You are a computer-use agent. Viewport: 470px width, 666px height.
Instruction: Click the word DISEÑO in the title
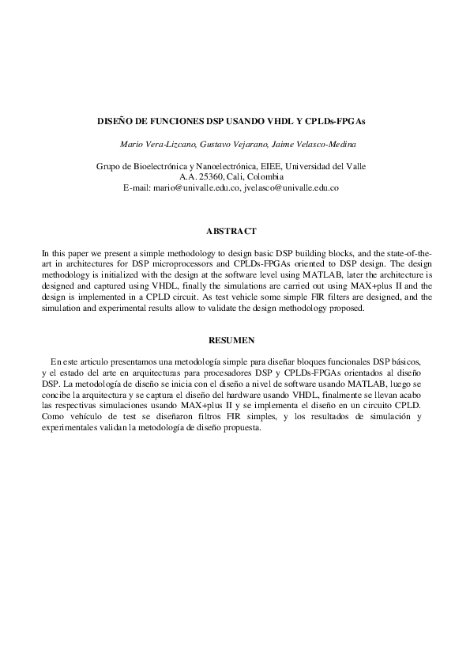(113, 123)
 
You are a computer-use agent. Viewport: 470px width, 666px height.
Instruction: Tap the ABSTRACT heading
(231, 231)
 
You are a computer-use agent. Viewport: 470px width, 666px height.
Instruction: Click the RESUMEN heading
(231, 340)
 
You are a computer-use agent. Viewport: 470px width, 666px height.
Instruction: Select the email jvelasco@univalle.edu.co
(292, 189)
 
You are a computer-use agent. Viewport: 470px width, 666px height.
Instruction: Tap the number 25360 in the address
(212, 178)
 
